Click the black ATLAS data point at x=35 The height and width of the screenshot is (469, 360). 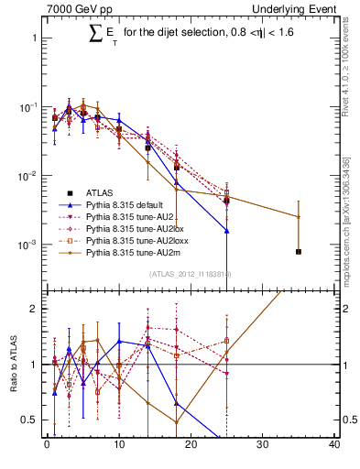(x=299, y=251)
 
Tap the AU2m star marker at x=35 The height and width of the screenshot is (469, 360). (x=299, y=217)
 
